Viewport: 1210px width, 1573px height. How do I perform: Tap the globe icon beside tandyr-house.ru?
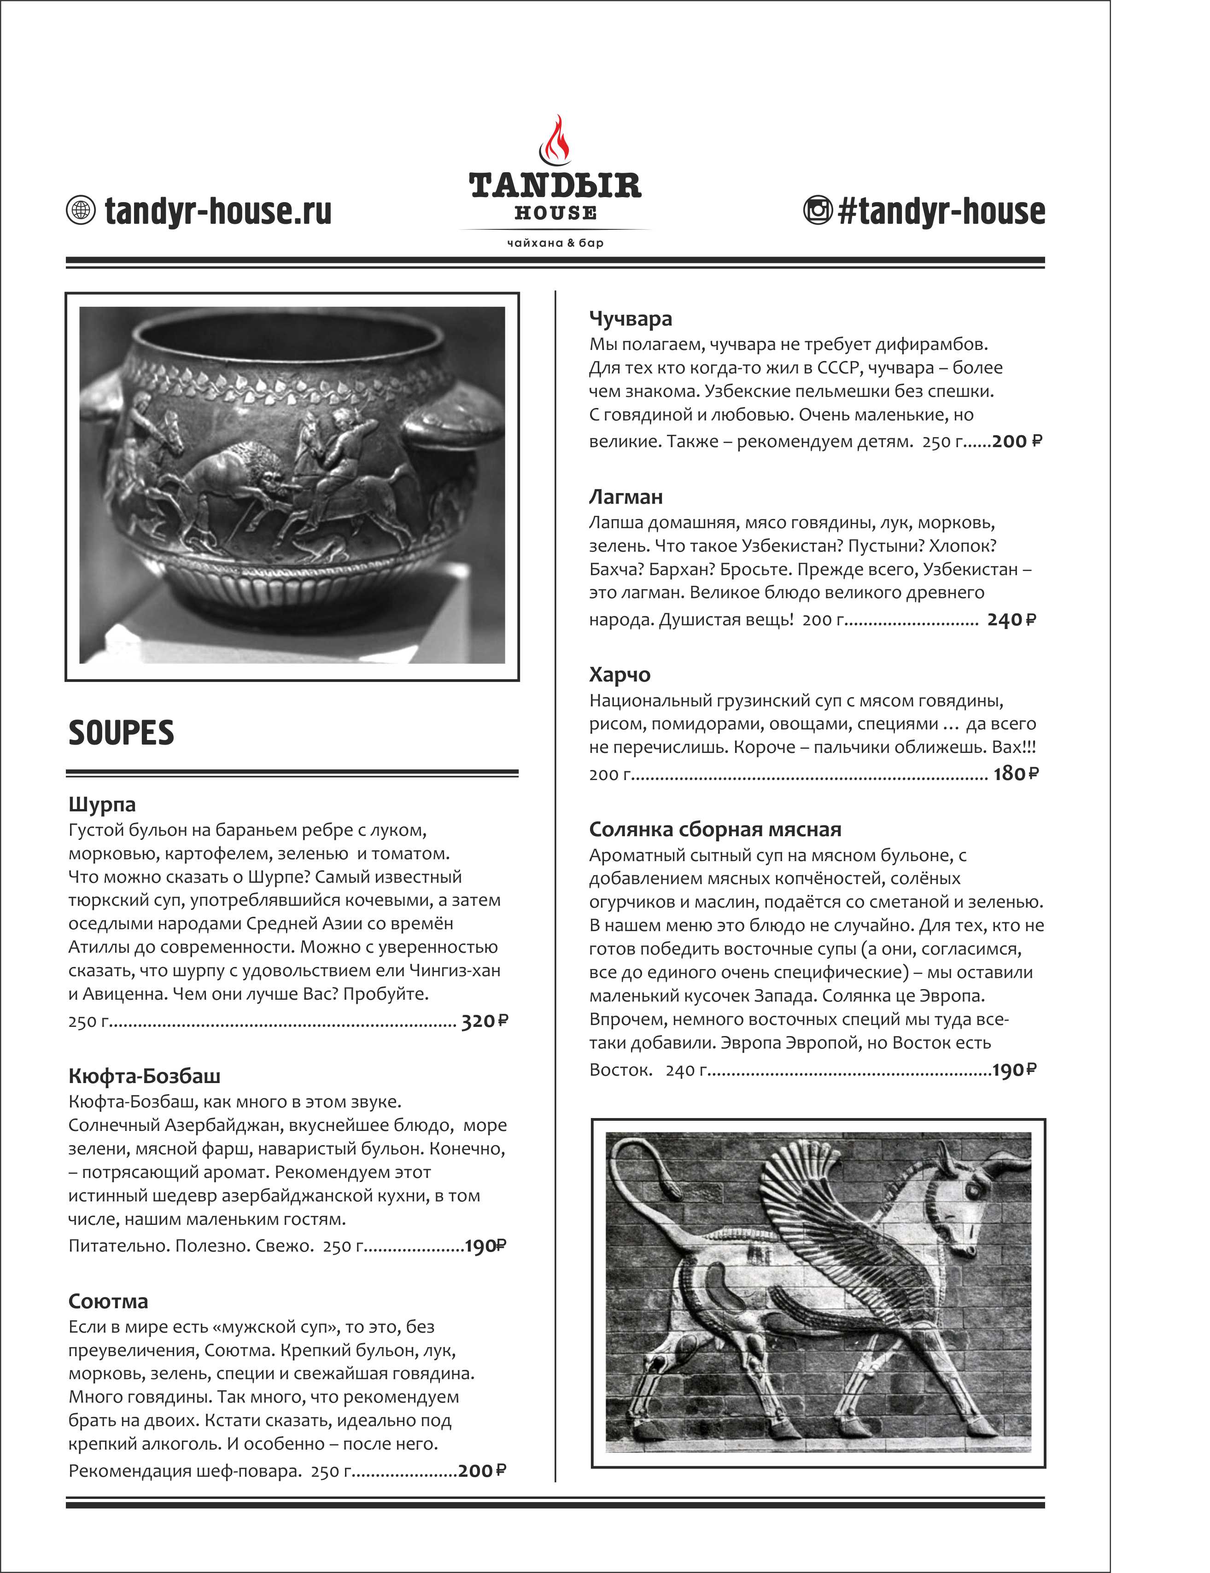[x=81, y=210]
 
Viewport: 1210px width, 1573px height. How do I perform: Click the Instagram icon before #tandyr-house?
[x=818, y=210]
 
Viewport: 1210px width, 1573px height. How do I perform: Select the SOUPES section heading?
[x=121, y=733]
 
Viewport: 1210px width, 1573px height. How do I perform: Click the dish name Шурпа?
[x=101, y=804]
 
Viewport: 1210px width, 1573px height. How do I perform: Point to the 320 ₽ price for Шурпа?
[x=484, y=1021]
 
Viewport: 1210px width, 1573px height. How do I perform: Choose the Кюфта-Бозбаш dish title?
[x=144, y=1076]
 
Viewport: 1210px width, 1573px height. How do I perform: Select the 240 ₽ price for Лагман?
[x=1011, y=620]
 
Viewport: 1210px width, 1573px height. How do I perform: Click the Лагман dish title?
[x=625, y=497]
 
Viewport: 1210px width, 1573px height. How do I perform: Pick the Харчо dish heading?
[x=620, y=675]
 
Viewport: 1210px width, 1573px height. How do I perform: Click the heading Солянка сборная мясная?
[x=714, y=829]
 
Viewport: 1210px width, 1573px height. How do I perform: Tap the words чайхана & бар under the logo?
[x=555, y=243]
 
